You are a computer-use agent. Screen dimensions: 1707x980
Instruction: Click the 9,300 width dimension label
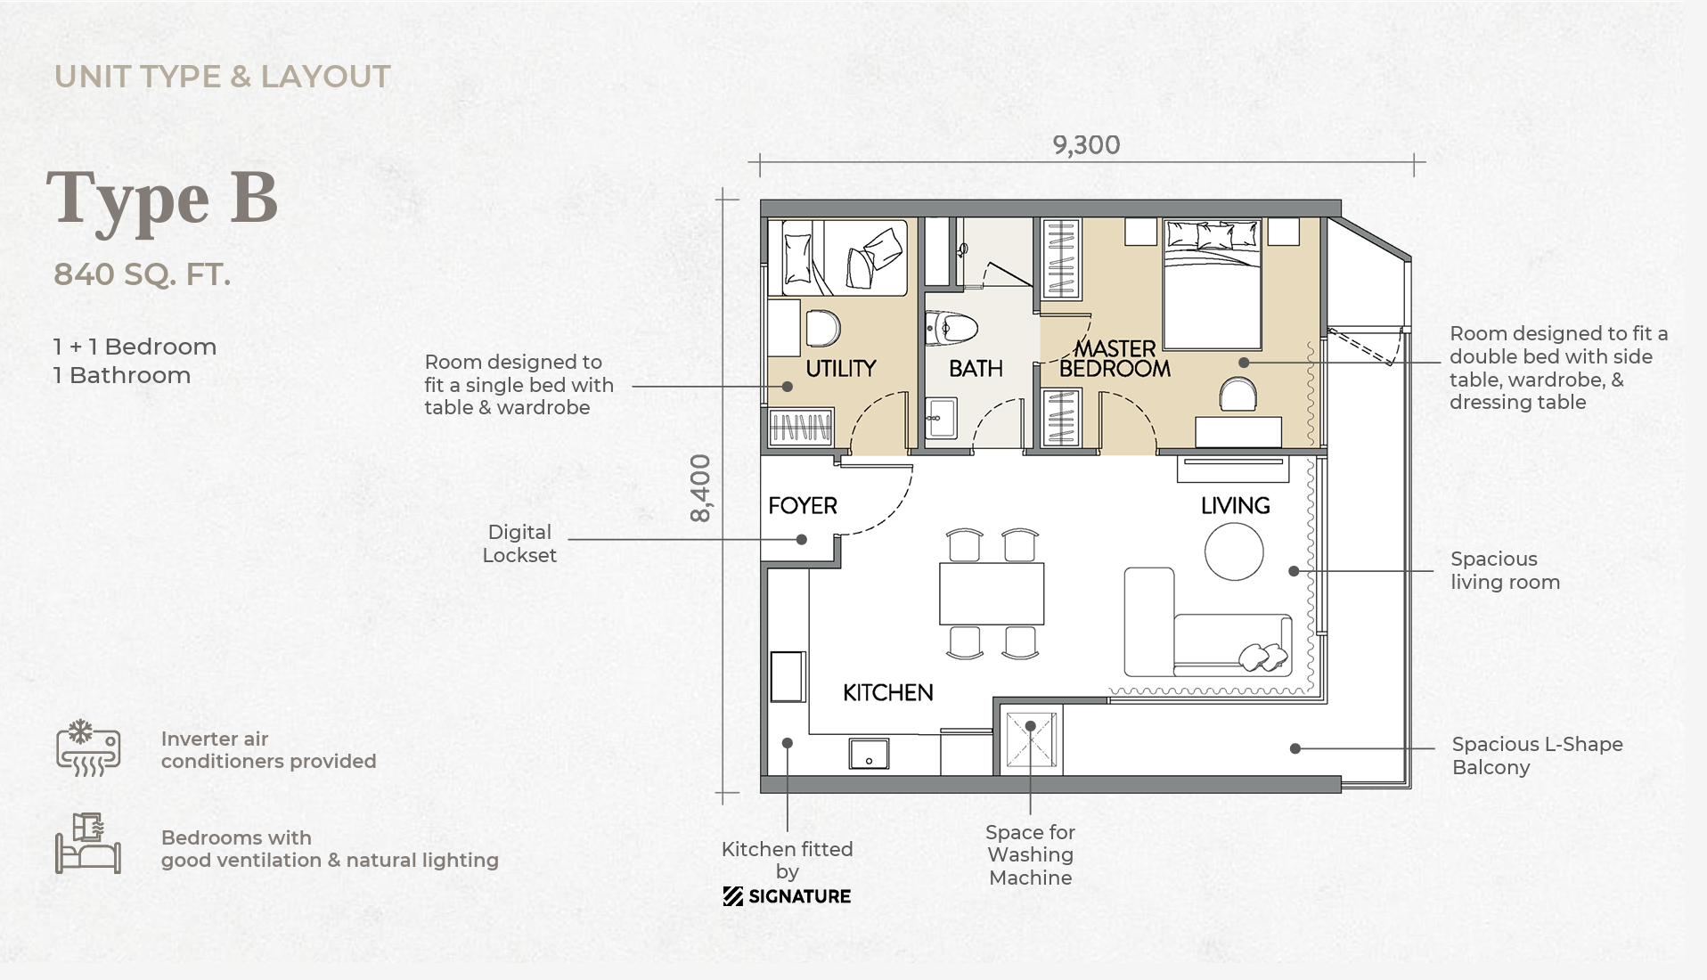point(1086,145)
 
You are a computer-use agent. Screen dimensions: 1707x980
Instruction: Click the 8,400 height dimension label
point(701,488)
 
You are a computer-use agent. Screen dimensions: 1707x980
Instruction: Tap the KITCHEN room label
point(888,692)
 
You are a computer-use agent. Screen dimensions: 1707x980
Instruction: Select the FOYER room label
point(803,506)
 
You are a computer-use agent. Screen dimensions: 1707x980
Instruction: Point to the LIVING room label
point(1235,506)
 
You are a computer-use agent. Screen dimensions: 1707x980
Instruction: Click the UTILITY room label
point(841,368)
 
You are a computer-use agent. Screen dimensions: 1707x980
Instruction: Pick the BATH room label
point(976,368)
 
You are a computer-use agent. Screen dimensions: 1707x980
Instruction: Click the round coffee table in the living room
point(1234,551)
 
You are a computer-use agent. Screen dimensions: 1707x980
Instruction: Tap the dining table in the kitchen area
point(992,593)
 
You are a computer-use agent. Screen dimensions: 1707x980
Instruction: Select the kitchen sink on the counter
point(869,754)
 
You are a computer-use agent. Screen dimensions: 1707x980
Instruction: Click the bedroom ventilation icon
point(87,843)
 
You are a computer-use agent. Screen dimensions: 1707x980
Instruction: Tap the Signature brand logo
point(787,896)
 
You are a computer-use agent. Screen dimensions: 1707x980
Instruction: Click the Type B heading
point(162,200)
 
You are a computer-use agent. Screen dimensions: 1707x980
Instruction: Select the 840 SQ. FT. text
point(143,274)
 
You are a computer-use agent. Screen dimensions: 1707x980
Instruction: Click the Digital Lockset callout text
point(519,543)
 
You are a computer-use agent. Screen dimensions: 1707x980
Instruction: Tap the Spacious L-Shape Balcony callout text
point(1537,755)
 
